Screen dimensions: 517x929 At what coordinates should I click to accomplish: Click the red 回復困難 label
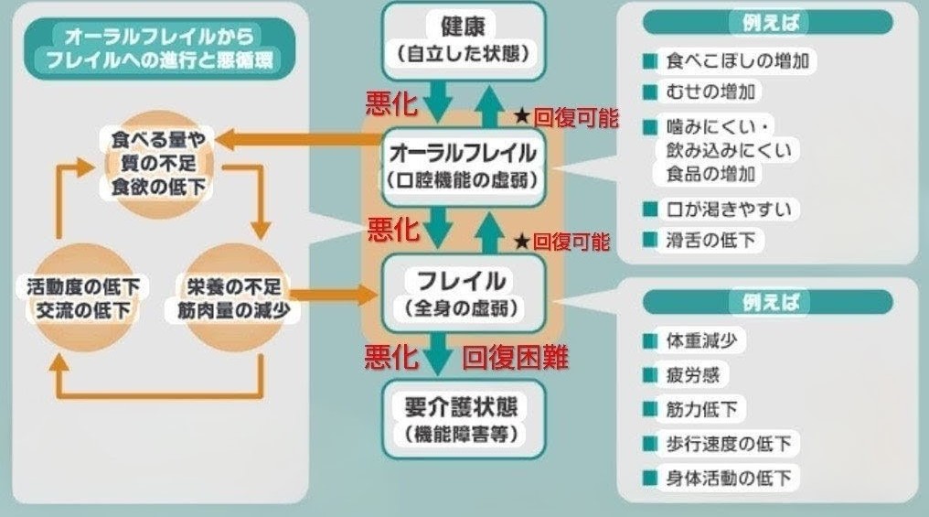515,357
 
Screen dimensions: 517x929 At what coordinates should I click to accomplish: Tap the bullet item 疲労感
693,375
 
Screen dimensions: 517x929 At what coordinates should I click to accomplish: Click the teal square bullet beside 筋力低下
650,409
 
